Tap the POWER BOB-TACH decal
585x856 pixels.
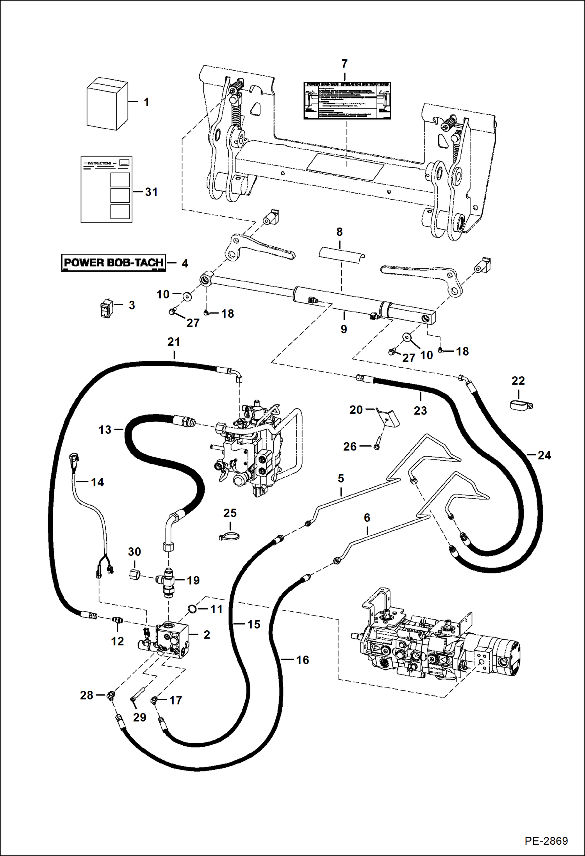click(113, 263)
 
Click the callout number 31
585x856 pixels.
click(151, 192)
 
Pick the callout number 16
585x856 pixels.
click(302, 660)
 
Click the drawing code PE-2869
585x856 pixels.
click(546, 840)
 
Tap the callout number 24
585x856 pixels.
click(544, 455)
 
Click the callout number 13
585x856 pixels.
click(105, 430)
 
